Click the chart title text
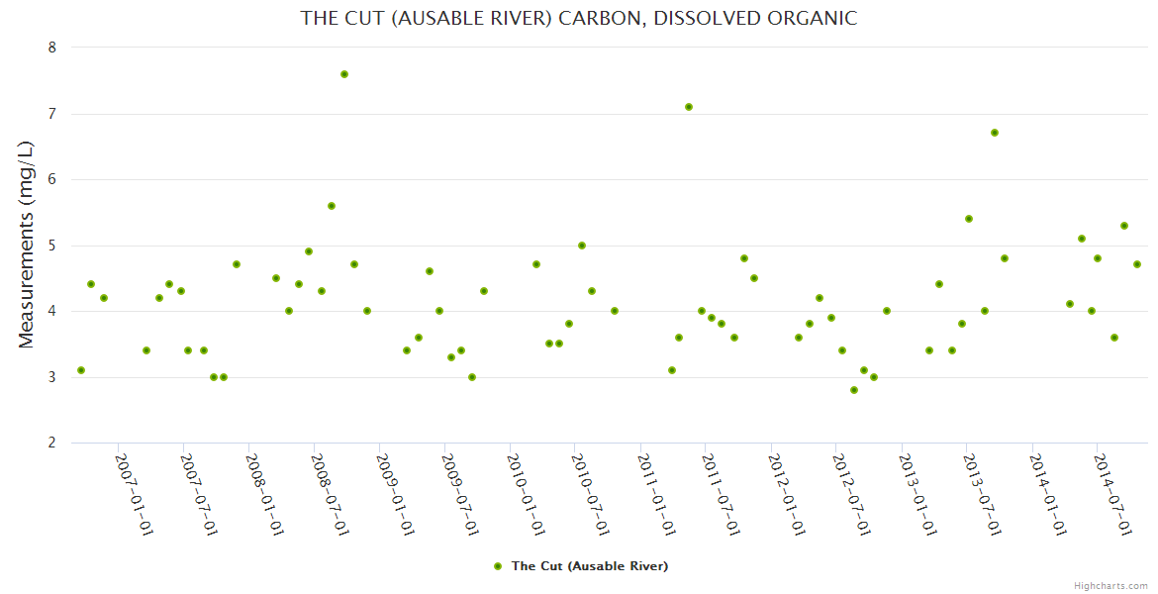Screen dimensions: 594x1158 pyautogui.click(x=579, y=18)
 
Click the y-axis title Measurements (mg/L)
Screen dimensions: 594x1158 pyautogui.click(x=27, y=245)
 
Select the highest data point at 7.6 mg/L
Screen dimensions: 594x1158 pyautogui.click(x=344, y=74)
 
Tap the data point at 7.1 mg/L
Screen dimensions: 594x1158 pyautogui.click(x=689, y=107)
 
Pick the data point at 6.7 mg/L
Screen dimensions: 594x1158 pyautogui.click(x=995, y=133)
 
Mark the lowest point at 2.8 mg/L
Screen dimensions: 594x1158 pyautogui.click(x=854, y=390)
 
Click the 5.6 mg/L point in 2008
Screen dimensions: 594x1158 pyautogui.click(x=332, y=206)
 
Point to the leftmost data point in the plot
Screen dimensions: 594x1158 pyautogui.click(x=81, y=370)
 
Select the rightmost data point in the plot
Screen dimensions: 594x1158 pyautogui.click(x=1137, y=264)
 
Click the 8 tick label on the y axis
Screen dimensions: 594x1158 pyautogui.click(x=52, y=48)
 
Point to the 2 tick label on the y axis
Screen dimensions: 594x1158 pyautogui.click(x=52, y=443)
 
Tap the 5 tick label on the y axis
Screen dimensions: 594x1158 pyautogui.click(x=52, y=246)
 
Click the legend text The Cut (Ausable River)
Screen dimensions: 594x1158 pyautogui.click(x=589, y=566)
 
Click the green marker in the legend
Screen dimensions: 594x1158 pyautogui.click(x=498, y=566)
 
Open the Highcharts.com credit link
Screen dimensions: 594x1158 pyautogui.click(x=1110, y=586)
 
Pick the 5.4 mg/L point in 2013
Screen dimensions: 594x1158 pyautogui.click(x=969, y=219)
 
